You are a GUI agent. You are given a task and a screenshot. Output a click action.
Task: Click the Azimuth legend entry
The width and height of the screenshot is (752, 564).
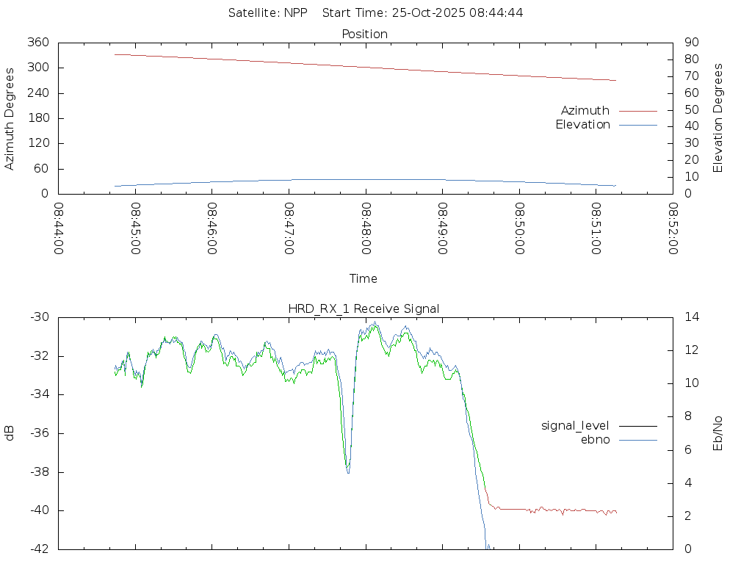pos(585,111)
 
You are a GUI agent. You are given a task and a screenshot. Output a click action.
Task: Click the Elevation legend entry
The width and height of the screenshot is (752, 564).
pos(583,125)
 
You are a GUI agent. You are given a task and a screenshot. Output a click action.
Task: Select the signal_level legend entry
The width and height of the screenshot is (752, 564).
pos(575,426)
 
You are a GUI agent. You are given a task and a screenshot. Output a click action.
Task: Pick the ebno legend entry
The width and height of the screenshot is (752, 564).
pos(595,440)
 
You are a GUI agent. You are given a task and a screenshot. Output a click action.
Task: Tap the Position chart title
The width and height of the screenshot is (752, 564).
pos(365,35)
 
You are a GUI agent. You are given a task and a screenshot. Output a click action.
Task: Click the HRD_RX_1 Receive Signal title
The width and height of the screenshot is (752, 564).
pos(364,309)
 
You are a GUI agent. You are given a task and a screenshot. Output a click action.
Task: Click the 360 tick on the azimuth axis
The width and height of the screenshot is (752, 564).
pos(38,43)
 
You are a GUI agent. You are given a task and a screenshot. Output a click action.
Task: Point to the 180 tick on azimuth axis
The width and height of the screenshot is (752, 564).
pos(38,118)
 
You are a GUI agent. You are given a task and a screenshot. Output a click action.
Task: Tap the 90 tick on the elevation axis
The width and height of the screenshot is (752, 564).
pos(690,43)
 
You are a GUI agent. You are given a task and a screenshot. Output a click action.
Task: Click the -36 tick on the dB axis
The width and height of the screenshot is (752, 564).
pos(38,433)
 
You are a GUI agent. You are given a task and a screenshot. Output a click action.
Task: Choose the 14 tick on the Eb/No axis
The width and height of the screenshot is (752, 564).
pos(690,317)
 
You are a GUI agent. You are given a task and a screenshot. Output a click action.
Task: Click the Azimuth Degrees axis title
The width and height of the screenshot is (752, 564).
pos(10,118)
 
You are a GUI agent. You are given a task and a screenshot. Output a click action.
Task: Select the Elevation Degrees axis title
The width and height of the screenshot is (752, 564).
pos(719,117)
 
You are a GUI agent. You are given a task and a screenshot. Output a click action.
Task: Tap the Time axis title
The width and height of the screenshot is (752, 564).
pos(364,278)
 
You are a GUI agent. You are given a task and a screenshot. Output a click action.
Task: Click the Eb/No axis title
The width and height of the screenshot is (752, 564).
pos(719,433)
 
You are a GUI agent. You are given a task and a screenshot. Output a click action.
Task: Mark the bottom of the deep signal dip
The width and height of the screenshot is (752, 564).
pos(347,472)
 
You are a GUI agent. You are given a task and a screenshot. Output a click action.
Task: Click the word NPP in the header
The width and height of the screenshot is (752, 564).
pos(295,13)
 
